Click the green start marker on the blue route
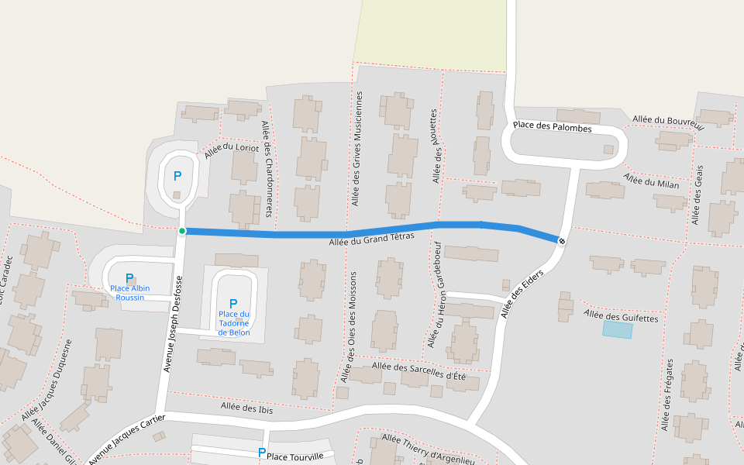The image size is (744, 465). [182, 231]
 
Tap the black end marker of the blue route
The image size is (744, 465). [562, 241]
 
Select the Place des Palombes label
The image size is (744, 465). [552, 126]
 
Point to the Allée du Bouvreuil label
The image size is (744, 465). [667, 122]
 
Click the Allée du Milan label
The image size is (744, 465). [651, 181]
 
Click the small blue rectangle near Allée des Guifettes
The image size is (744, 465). [618, 330]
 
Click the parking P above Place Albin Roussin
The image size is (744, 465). [129, 277]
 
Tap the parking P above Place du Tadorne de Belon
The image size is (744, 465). [233, 303]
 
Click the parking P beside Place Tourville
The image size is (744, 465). [262, 453]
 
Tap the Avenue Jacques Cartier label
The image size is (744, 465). [128, 439]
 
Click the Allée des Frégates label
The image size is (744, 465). [668, 394]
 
